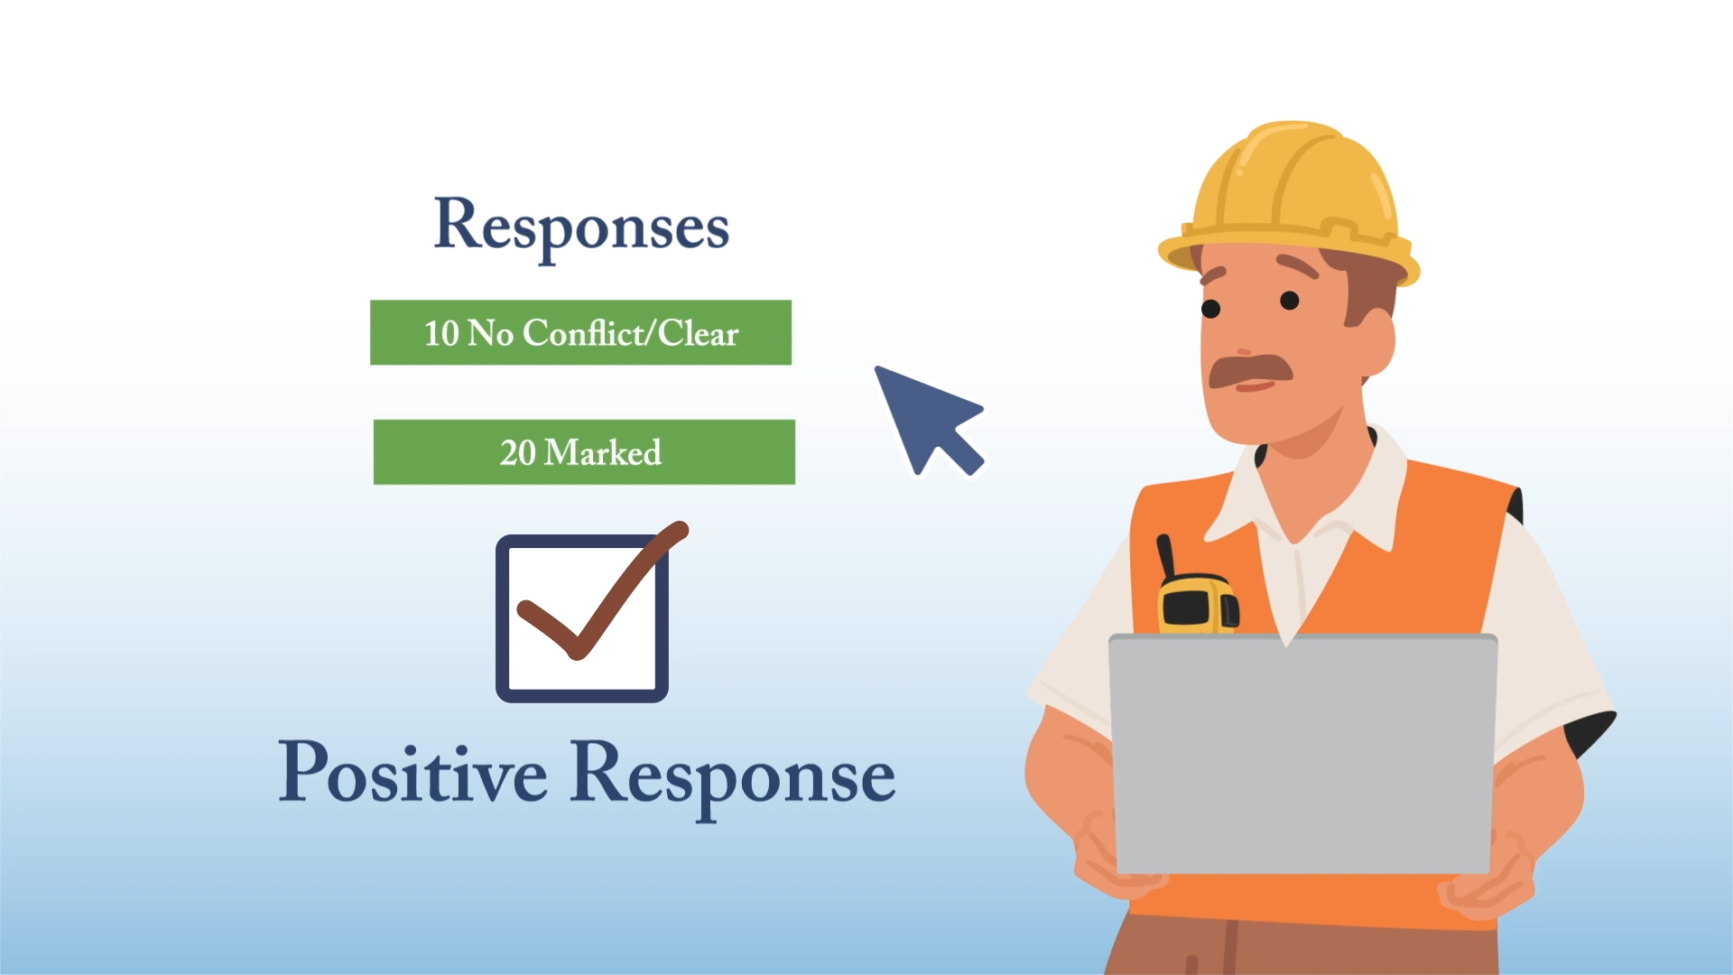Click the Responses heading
coord(581,226)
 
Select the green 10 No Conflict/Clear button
coord(580,332)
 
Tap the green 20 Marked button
coord(584,452)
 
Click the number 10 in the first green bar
coord(441,333)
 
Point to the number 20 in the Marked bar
coord(518,452)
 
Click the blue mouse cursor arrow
coord(925,416)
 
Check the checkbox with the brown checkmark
coord(583,617)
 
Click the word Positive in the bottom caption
coord(412,773)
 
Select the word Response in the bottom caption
coord(733,775)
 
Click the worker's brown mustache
coord(1249,369)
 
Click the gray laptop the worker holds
coord(1302,754)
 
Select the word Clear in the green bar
coord(698,333)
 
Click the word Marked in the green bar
coord(603,452)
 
